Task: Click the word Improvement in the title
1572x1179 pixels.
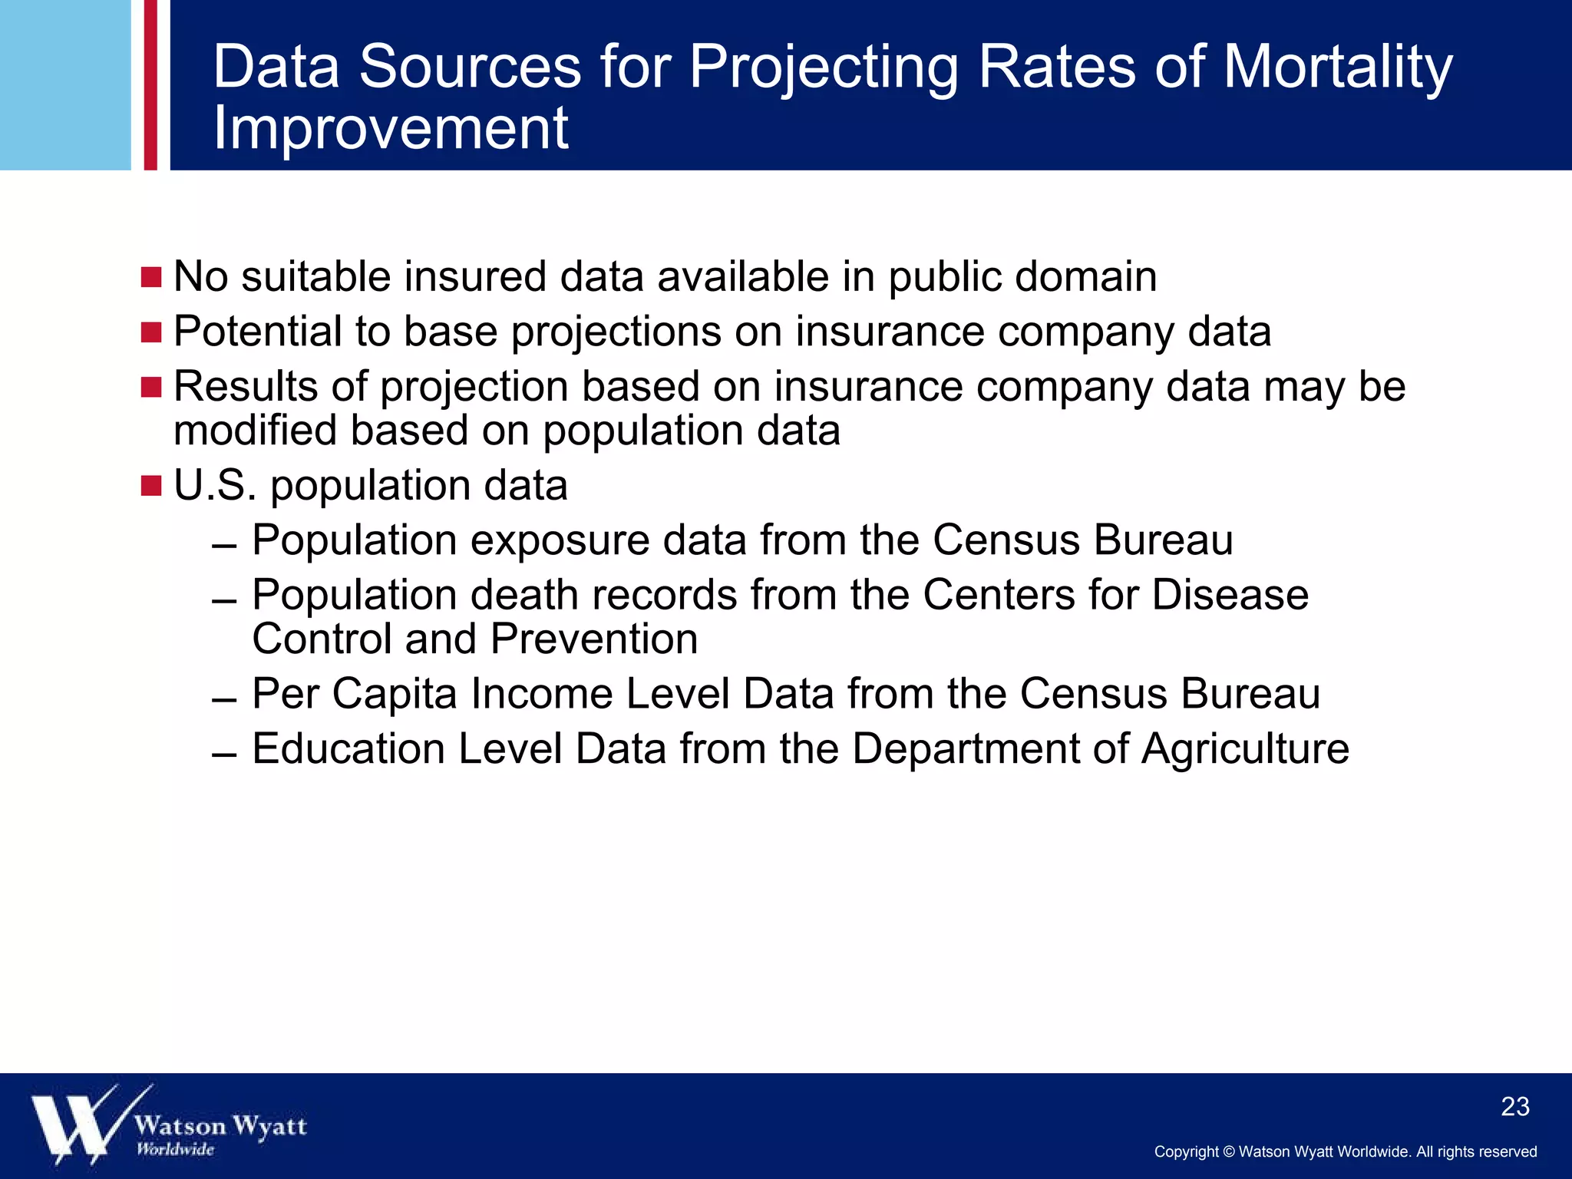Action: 391,128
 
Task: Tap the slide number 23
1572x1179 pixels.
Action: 1514,1106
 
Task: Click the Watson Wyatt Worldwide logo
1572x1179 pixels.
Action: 168,1125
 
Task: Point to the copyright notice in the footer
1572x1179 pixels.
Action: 1345,1151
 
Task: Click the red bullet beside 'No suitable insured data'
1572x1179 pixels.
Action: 151,277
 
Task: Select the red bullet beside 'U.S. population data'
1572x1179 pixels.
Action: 151,486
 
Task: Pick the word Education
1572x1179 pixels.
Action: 348,748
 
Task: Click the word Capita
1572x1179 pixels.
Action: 395,695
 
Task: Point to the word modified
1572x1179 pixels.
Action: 255,431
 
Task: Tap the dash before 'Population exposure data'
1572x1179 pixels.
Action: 224,547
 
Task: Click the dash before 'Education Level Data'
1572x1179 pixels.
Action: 224,755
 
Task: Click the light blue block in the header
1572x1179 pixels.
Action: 65,84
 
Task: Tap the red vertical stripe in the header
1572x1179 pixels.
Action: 150,84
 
